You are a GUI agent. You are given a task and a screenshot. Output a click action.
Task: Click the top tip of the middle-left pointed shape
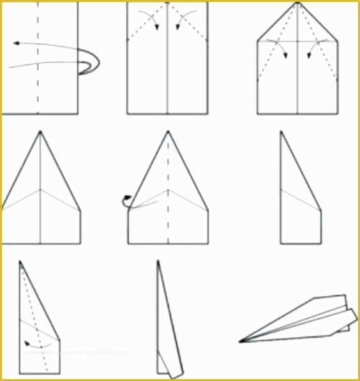[x=40, y=132]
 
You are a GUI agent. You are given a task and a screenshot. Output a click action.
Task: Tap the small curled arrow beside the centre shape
[x=126, y=200]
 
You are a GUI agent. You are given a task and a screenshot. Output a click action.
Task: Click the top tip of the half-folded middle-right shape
[x=281, y=133]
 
